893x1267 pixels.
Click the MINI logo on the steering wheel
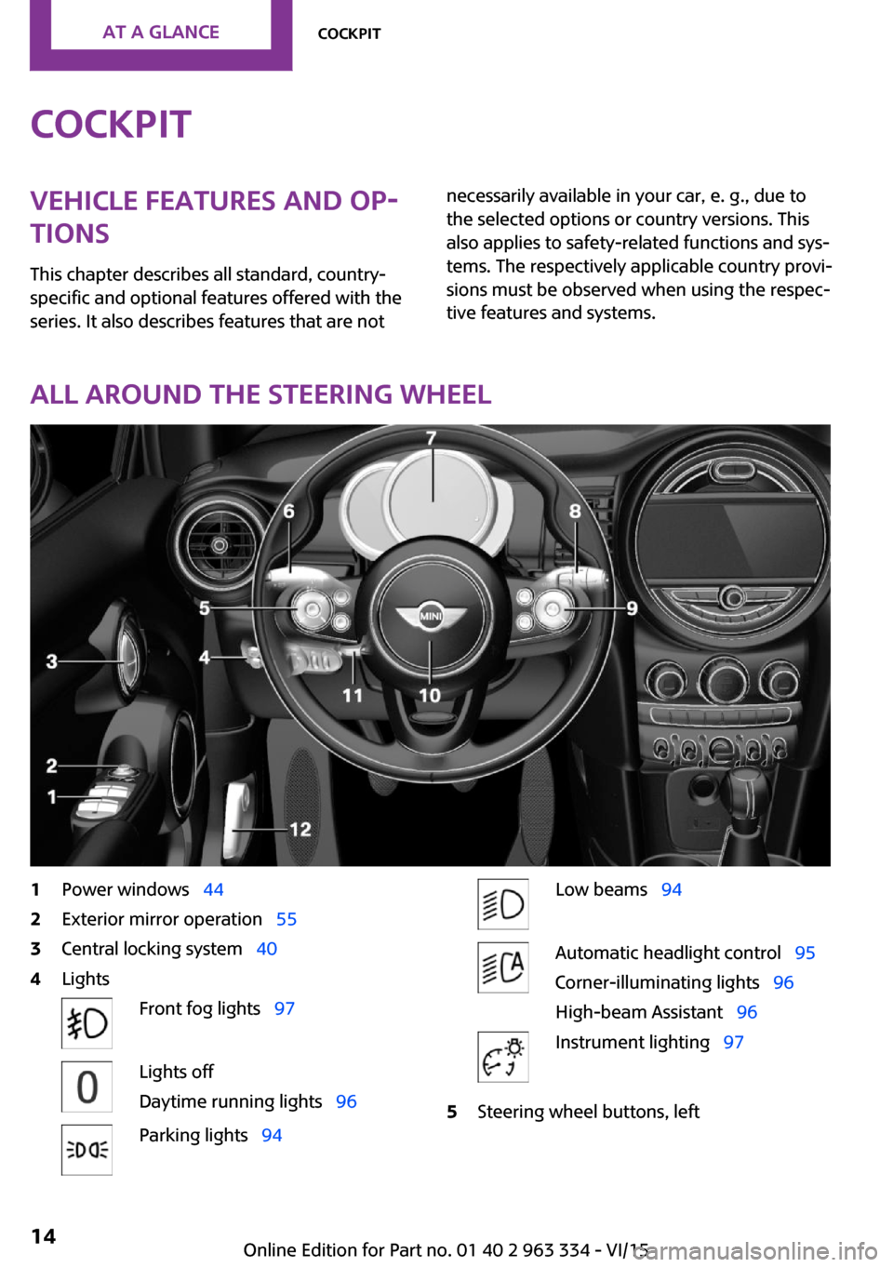point(431,617)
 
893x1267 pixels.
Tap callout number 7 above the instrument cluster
point(431,438)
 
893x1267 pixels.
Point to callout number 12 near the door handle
point(300,829)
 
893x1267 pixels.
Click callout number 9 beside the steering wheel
point(632,608)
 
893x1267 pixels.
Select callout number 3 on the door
point(52,661)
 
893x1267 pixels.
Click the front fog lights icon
point(87,1023)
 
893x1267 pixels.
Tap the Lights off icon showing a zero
point(87,1087)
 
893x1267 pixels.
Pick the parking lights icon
point(87,1150)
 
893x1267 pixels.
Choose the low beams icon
point(503,904)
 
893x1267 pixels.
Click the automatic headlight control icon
point(503,967)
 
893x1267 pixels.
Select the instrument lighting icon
point(503,1057)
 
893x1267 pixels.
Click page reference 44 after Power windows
point(213,889)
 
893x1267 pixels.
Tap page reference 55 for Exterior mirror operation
point(287,919)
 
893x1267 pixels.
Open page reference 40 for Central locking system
point(267,949)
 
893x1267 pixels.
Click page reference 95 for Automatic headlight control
point(805,953)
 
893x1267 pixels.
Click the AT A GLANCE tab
point(161,33)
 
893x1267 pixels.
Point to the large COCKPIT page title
point(111,125)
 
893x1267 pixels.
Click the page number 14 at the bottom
point(44,1236)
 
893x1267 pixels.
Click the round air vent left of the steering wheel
point(220,545)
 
